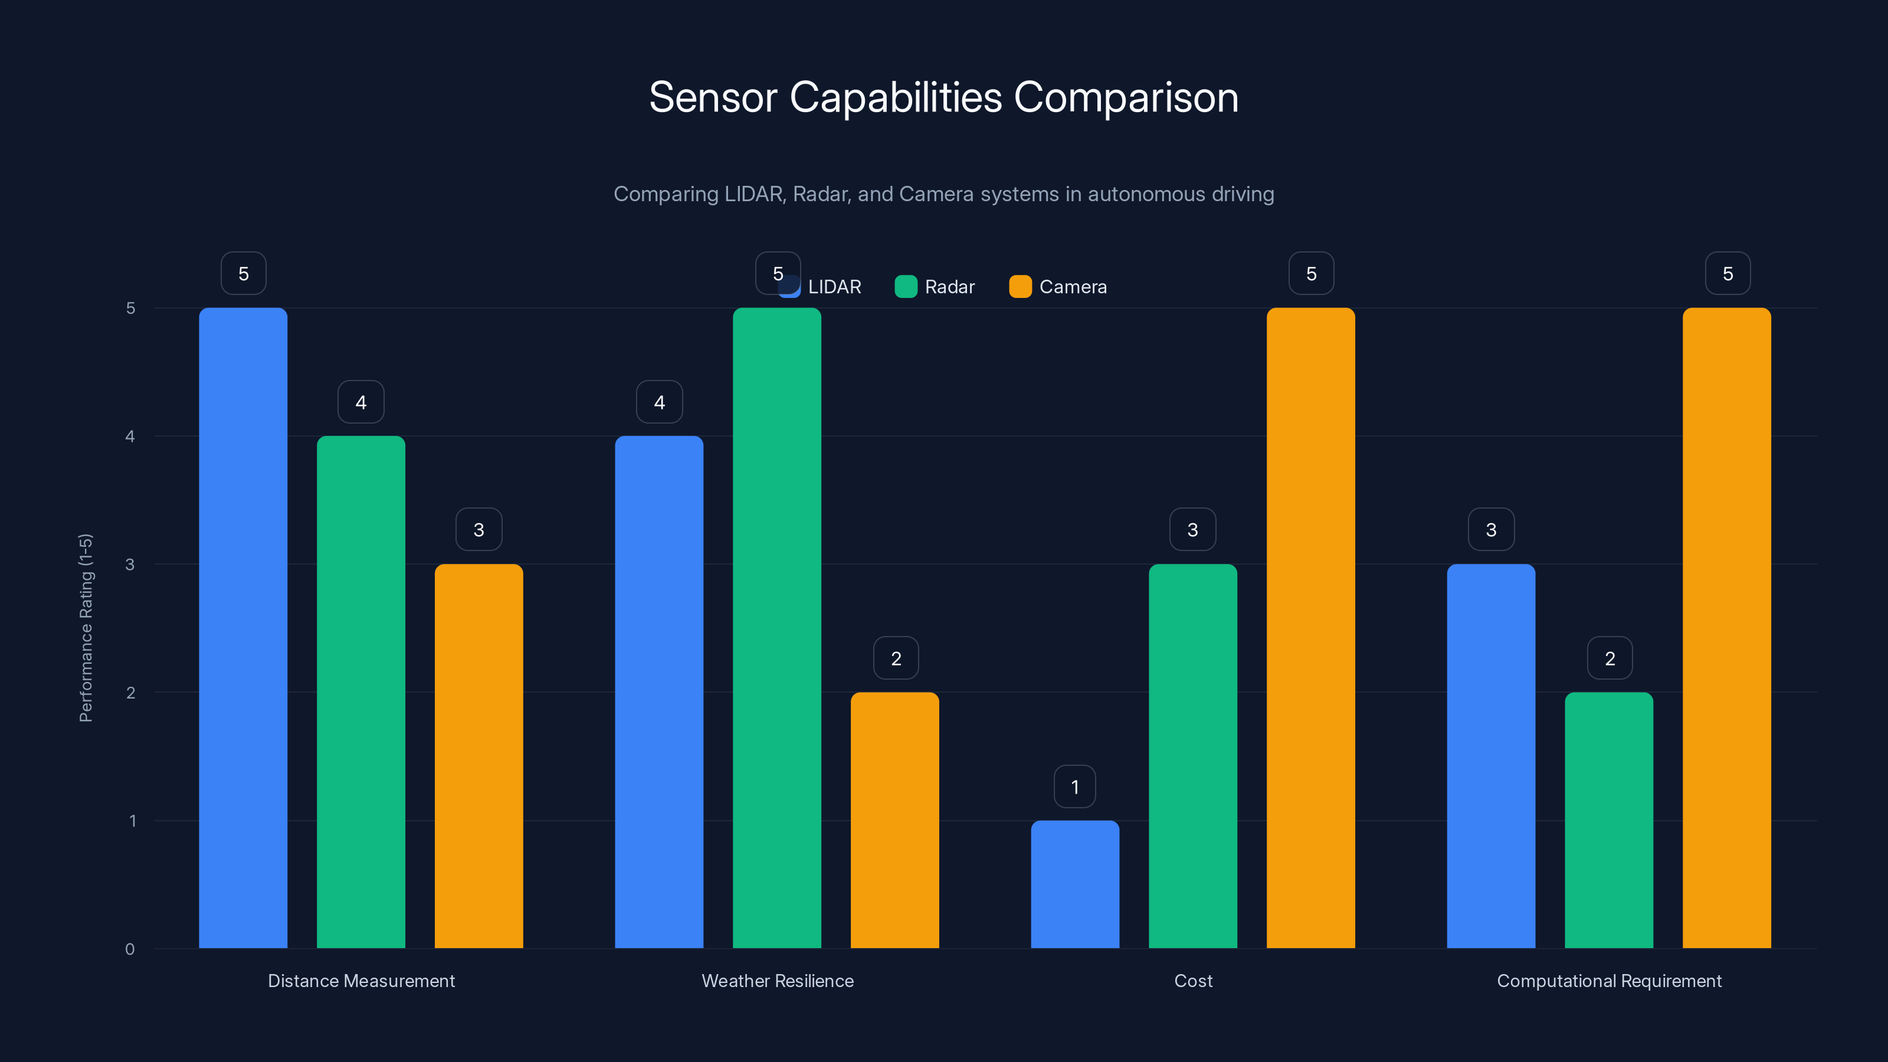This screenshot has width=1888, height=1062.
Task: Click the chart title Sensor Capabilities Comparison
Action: coord(943,97)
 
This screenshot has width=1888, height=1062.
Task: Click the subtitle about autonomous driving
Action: coord(943,194)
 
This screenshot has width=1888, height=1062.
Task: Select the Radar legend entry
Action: coord(935,287)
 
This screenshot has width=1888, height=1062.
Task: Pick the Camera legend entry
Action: coord(1058,287)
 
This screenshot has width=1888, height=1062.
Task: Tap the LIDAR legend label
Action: coord(834,287)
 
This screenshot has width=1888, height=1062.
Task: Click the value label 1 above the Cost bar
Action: coord(1074,786)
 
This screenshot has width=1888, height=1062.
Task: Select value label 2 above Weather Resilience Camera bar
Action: coord(896,658)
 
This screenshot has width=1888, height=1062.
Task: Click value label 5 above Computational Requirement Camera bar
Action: coord(1728,273)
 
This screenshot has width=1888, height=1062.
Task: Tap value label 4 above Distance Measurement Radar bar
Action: coord(360,402)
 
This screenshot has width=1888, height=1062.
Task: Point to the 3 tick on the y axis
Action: coord(130,565)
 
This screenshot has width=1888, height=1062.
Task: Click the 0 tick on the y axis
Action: coord(130,949)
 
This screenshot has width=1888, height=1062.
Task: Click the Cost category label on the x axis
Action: coord(1192,981)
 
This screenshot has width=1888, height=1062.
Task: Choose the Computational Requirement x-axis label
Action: coord(1609,981)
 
